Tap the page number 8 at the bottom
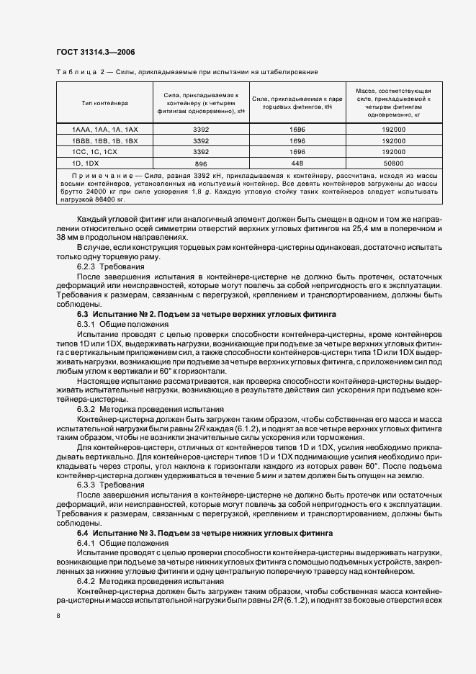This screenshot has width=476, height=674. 58,616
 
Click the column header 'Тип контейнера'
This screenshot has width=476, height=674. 104,103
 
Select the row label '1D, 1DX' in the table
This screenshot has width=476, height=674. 85,163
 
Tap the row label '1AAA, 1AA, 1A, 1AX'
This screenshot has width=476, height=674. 105,129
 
